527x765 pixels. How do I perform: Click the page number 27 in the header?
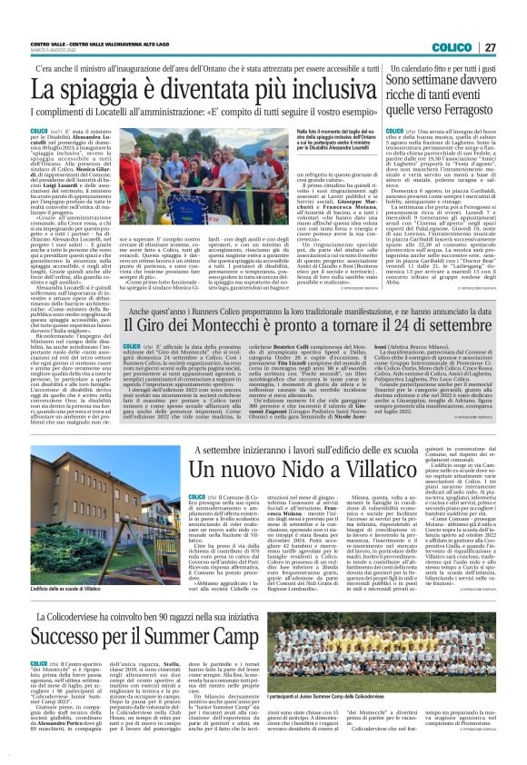point(490,21)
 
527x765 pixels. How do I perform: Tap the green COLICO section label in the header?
point(452,21)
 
